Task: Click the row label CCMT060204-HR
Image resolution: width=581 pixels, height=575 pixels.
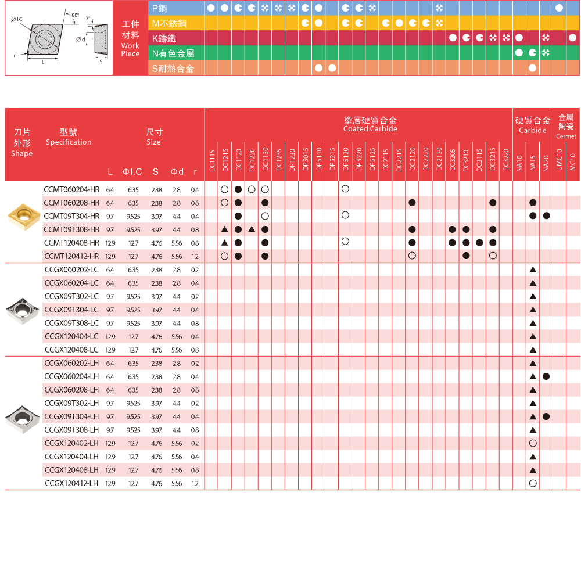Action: tap(71, 189)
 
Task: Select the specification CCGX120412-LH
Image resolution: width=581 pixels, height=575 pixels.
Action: tap(71, 483)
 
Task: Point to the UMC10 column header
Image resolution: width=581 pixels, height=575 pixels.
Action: tap(559, 160)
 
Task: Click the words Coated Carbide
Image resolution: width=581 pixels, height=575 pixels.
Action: tap(370, 129)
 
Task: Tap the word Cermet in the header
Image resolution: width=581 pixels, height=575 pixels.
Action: tap(566, 136)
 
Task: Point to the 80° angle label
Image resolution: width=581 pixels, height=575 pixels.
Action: tap(75, 15)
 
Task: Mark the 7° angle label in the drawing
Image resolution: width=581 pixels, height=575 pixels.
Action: tap(88, 19)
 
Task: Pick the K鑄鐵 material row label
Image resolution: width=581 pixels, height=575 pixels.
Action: tap(164, 38)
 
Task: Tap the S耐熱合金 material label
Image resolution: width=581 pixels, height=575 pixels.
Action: tap(173, 69)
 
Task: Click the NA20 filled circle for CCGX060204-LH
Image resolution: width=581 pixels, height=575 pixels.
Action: tap(546, 377)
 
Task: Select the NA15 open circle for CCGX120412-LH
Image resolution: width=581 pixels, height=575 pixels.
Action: tap(533, 483)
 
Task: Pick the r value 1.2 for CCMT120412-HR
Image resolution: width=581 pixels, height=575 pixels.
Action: tap(195, 256)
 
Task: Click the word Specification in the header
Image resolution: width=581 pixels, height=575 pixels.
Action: tap(69, 142)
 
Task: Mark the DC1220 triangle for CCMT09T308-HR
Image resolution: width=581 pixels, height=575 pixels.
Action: tap(252, 229)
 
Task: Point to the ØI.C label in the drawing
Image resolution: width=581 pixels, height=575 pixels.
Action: tap(16, 20)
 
